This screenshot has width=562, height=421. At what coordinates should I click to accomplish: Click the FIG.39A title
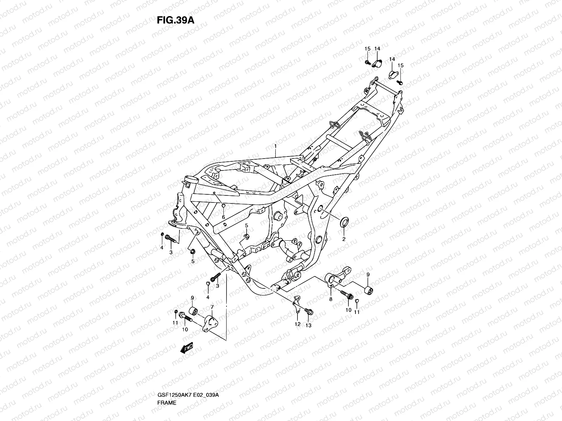click(x=175, y=20)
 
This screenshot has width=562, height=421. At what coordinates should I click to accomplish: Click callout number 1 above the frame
click(x=276, y=146)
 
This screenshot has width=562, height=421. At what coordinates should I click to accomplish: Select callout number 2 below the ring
click(x=344, y=239)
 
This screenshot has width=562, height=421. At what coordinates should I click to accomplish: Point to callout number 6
click(x=223, y=217)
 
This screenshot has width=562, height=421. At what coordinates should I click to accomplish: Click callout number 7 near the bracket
click(x=212, y=307)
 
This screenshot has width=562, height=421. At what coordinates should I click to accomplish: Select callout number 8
click(x=331, y=299)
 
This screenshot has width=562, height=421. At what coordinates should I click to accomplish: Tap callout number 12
click(x=298, y=324)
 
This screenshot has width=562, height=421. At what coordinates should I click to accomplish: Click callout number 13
click(x=309, y=325)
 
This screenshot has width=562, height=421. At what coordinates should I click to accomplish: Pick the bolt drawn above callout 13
click(x=309, y=311)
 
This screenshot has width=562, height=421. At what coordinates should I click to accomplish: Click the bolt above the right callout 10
click(x=347, y=295)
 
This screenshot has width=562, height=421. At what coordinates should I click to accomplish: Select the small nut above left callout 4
click(x=162, y=234)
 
